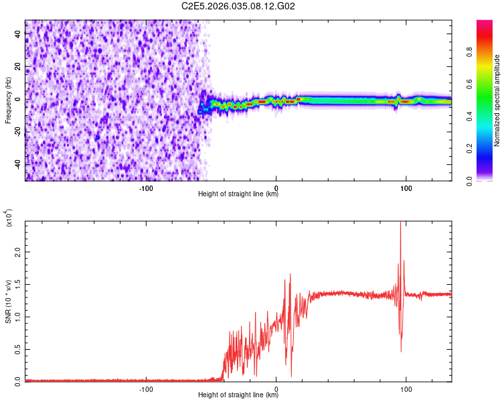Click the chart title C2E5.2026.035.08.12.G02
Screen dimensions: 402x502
tap(239, 6)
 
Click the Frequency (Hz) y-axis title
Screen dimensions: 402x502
tap(8, 100)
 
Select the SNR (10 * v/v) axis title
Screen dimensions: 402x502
tap(8, 301)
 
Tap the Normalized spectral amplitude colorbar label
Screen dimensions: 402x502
tap(497, 100)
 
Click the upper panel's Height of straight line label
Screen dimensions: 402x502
tap(238, 194)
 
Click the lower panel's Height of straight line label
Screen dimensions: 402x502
tap(238, 395)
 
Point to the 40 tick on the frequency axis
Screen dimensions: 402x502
tap(17, 35)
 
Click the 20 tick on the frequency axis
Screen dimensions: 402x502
tap(17, 67)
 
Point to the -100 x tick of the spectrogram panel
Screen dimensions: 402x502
tap(147, 188)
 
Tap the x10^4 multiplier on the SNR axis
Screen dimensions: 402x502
tap(8, 218)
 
